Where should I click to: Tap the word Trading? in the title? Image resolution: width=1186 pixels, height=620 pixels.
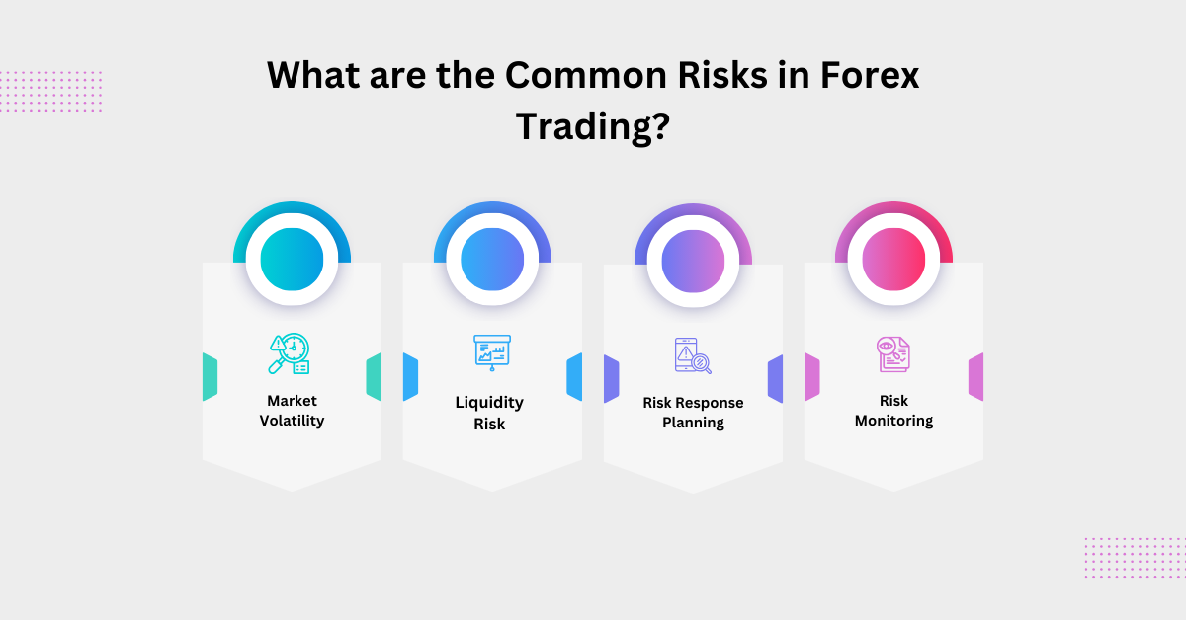pyautogui.click(x=592, y=127)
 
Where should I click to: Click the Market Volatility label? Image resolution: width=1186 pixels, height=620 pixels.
pyautogui.click(x=292, y=411)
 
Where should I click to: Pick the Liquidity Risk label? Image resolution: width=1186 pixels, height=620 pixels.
pyautogui.click(x=489, y=413)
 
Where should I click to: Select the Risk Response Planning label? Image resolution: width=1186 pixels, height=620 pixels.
pyautogui.click(x=693, y=413)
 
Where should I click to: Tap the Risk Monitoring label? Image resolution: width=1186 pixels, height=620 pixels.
pyautogui.click(x=893, y=411)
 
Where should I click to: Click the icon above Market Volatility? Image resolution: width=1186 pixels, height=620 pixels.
pyautogui.click(x=289, y=353)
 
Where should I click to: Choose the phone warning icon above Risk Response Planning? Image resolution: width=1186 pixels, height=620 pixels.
pyautogui.click(x=692, y=355)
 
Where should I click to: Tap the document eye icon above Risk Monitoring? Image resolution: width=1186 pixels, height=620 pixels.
pyautogui.click(x=893, y=353)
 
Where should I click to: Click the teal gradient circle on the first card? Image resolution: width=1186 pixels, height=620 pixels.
pyautogui.click(x=292, y=259)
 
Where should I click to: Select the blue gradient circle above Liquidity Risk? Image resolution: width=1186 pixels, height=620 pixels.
pyautogui.click(x=492, y=259)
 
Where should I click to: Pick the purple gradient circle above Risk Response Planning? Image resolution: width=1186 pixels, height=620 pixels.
pyautogui.click(x=693, y=260)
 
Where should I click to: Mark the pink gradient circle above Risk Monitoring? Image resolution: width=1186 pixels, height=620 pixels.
pyautogui.click(x=893, y=259)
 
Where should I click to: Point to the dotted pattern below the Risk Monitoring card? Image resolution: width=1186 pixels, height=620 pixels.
pyautogui.click(x=1134, y=557)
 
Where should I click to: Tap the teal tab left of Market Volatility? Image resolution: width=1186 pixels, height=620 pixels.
pyautogui.click(x=210, y=377)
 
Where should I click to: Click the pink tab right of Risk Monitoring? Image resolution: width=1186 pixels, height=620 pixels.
pyautogui.click(x=975, y=377)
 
